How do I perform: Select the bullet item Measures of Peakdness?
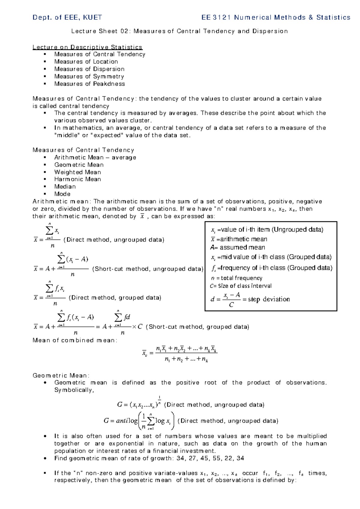[x=89, y=84]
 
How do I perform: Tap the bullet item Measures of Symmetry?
[x=89, y=77]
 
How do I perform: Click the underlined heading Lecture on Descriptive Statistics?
[x=87, y=47]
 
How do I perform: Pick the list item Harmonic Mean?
[x=77, y=179]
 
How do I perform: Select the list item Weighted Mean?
[x=77, y=172]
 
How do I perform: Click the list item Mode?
[x=62, y=194]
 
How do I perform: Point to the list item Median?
[x=65, y=186]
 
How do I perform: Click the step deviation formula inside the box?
[x=250, y=300]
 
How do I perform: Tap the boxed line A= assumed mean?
[x=238, y=248]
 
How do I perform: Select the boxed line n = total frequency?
[x=237, y=278]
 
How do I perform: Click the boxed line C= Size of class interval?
[x=241, y=286]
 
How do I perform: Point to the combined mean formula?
[x=180, y=354]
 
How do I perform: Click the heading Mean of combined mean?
[x=75, y=340]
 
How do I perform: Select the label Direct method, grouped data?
[x=115, y=298]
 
